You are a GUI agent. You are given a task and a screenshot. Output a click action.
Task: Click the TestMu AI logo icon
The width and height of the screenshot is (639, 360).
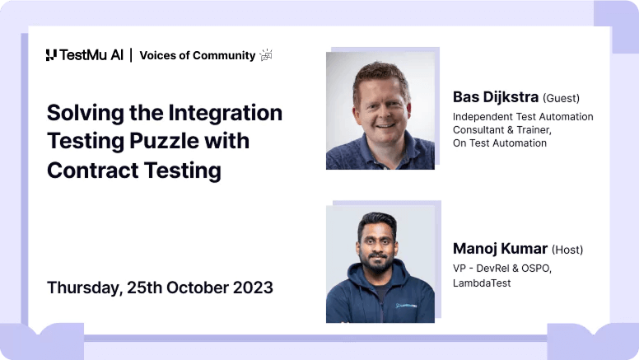pos(51,55)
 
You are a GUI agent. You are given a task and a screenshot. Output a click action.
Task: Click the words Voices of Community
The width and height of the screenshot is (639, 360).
pos(197,55)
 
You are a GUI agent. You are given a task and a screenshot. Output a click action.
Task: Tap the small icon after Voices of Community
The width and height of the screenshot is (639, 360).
pos(266,55)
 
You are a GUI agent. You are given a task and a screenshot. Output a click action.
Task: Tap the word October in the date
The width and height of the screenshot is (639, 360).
pos(196,288)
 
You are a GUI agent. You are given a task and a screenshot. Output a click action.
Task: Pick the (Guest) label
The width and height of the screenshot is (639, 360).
pos(561,98)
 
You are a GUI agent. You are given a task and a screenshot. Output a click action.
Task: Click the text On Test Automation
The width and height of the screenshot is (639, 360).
pos(500,143)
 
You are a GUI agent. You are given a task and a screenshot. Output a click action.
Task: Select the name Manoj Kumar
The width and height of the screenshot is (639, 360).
pos(499,248)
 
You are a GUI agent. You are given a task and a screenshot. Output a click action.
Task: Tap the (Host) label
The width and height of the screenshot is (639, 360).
pos(567,249)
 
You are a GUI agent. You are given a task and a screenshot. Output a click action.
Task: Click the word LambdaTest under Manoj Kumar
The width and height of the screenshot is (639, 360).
pos(482,283)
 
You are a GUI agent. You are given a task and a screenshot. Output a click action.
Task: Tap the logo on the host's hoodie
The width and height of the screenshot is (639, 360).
pos(406,306)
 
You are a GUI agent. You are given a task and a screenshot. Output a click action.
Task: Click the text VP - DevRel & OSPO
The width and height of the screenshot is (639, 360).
pos(502,269)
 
